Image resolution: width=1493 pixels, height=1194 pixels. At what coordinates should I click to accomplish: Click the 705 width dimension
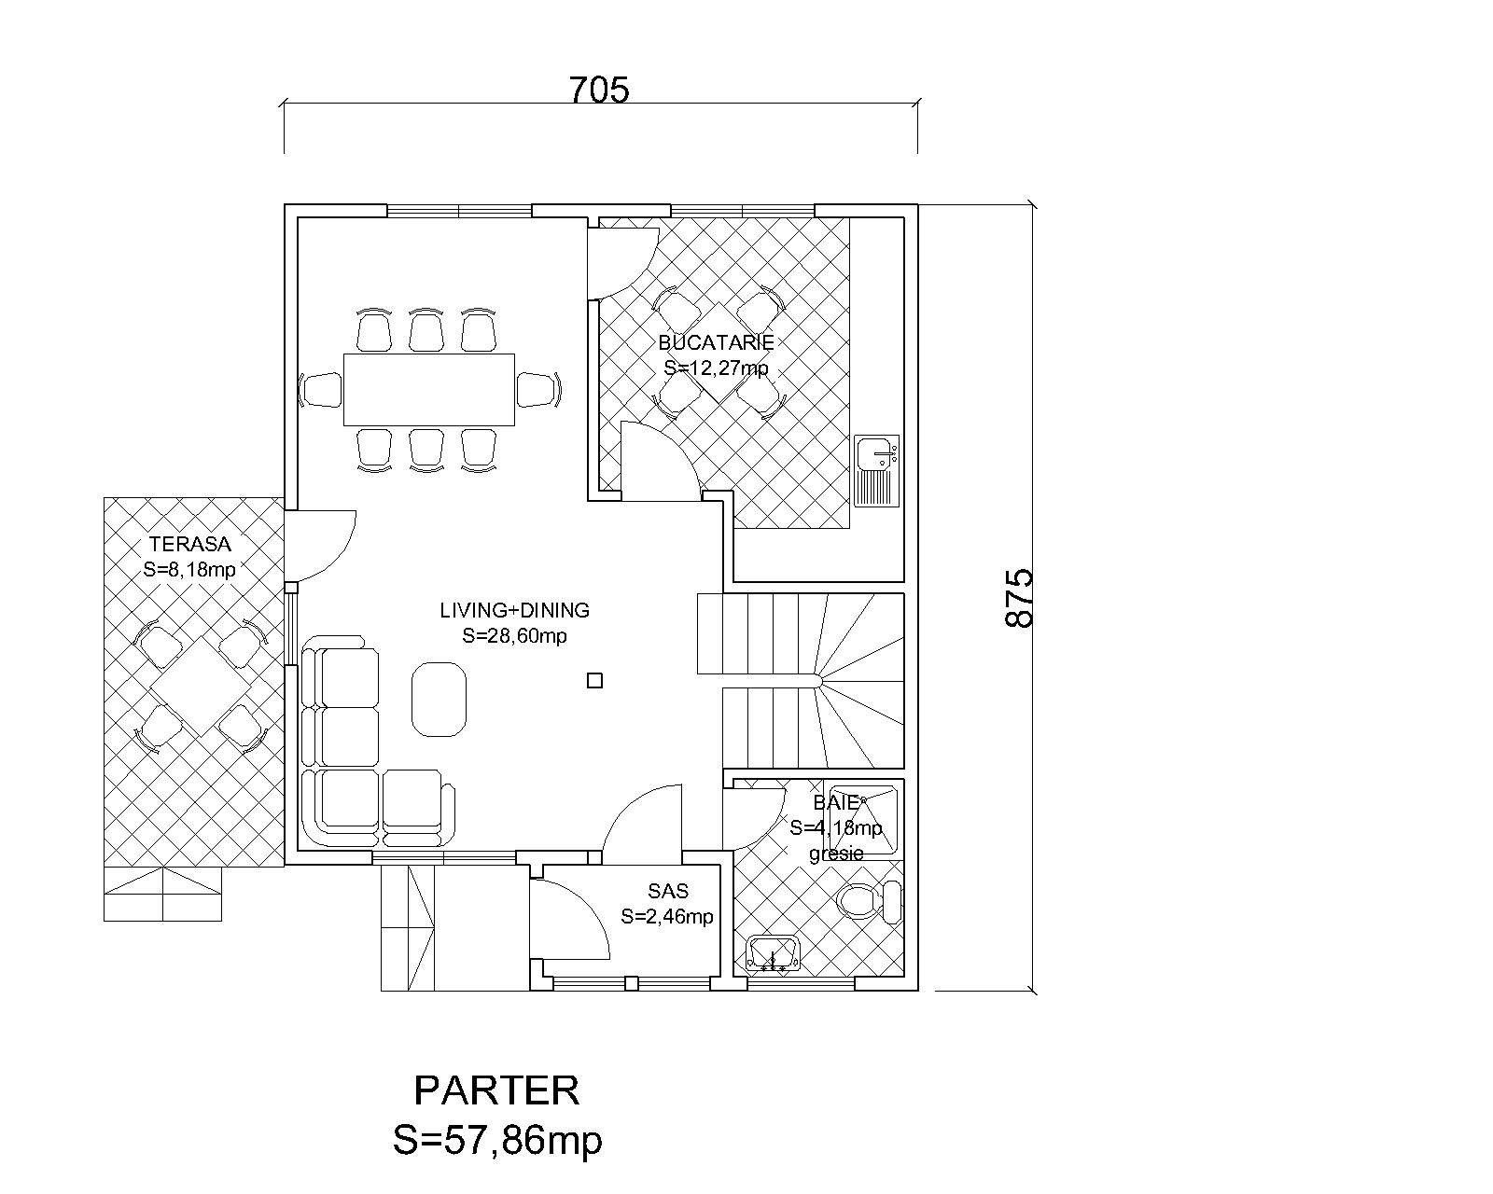pyautogui.click(x=599, y=90)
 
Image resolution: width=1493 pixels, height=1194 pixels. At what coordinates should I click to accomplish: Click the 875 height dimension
pyautogui.click(x=1018, y=598)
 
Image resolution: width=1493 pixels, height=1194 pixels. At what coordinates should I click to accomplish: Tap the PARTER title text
pyautogui.click(x=496, y=1090)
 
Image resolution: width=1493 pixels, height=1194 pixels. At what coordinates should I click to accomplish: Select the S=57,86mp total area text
pyautogui.click(x=497, y=1141)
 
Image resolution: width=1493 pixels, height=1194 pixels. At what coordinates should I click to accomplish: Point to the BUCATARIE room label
pyautogui.click(x=716, y=342)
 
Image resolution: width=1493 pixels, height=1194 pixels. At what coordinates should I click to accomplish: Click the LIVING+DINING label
pyautogui.click(x=515, y=611)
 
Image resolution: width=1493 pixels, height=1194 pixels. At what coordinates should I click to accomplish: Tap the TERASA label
pyautogui.click(x=190, y=543)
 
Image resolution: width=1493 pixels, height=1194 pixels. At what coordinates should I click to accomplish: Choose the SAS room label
pyautogui.click(x=668, y=891)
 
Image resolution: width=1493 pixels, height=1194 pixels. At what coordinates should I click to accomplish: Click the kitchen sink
pyautogui.click(x=877, y=470)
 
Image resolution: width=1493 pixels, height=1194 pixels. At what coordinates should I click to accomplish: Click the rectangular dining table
pyautogui.click(x=428, y=389)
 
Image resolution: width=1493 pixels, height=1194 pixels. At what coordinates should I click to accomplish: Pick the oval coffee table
pyautogui.click(x=439, y=699)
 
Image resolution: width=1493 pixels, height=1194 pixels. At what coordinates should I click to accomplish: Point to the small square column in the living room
pyautogui.click(x=594, y=681)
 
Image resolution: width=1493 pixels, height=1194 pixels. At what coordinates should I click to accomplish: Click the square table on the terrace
pyautogui.click(x=200, y=687)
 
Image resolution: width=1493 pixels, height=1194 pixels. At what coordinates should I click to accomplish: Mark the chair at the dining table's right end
pyautogui.click(x=538, y=390)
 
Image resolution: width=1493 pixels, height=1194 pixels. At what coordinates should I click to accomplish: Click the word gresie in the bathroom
pyautogui.click(x=837, y=854)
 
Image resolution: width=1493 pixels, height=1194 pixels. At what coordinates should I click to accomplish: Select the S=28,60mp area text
pyautogui.click(x=515, y=635)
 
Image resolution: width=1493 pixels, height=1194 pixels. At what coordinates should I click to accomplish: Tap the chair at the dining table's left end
pyautogui.click(x=320, y=390)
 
